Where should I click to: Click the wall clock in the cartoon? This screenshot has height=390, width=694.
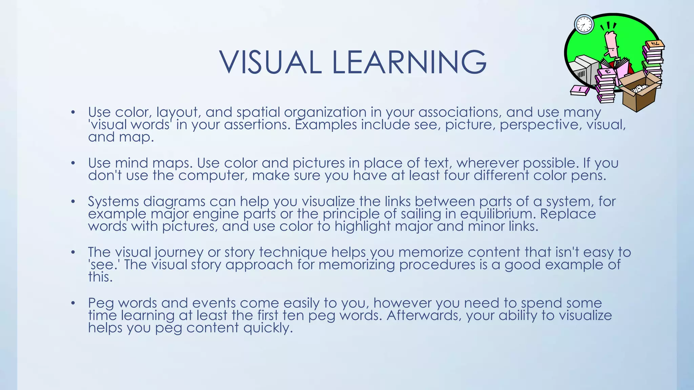coord(584,24)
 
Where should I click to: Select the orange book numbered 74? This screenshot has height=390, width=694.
coord(654,44)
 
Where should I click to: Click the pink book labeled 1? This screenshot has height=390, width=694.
coord(580,90)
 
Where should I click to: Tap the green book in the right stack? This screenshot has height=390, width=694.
coord(651,64)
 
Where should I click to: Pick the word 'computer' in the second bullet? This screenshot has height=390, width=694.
coord(212,176)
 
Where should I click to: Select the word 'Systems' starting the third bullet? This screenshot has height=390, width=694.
coord(113,202)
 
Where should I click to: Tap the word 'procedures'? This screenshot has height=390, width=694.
coord(437,265)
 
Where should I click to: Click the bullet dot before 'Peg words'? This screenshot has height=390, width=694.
coord(73,303)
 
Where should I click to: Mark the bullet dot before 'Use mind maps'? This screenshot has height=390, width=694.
coord(73,163)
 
